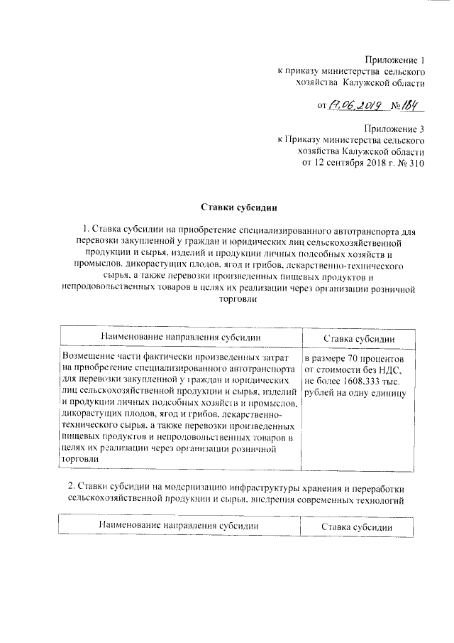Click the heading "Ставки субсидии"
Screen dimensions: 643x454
(x=237, y=208)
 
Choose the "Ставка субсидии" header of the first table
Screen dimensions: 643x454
(x=359, y=337)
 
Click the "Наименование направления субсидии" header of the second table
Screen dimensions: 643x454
(x=178, y=526)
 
